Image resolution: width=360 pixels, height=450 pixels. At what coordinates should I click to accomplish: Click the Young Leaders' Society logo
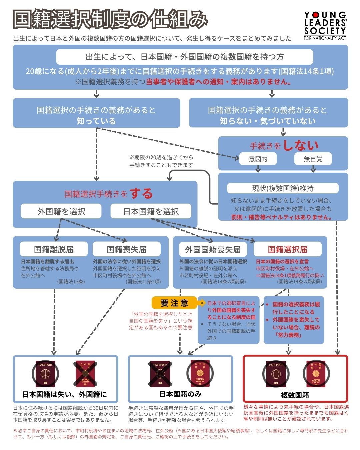325,26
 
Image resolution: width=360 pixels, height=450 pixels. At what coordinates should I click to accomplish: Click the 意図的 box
258,159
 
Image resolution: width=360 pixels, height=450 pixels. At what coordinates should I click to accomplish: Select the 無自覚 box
313,159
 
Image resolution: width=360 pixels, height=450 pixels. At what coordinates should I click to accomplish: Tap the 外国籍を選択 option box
61,211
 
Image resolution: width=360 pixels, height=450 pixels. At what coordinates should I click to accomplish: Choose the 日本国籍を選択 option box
151,211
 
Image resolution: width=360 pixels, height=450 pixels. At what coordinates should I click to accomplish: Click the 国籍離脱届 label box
54,249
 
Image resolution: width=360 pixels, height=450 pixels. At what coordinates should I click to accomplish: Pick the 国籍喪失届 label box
126,249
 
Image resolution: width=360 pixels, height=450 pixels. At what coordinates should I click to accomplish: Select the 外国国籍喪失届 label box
213,249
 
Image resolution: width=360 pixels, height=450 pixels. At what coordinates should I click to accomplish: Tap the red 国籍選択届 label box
287,249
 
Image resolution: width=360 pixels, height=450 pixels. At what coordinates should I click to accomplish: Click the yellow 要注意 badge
174,303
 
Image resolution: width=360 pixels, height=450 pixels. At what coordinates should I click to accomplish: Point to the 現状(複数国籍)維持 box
283,188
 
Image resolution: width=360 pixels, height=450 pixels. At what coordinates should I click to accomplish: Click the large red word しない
301,145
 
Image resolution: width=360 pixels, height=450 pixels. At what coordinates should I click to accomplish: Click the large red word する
141,194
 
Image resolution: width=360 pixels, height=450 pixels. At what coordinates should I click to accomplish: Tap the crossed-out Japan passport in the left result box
85,373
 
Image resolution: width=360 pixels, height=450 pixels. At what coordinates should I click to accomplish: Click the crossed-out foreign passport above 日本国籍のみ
160,373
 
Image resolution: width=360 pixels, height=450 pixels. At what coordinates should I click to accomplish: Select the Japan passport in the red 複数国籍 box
316,374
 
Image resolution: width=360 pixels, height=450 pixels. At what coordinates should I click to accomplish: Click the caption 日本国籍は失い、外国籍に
65,395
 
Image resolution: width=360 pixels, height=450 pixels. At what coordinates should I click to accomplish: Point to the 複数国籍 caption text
295,395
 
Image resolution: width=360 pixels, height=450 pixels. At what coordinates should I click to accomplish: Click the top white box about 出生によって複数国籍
184,57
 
